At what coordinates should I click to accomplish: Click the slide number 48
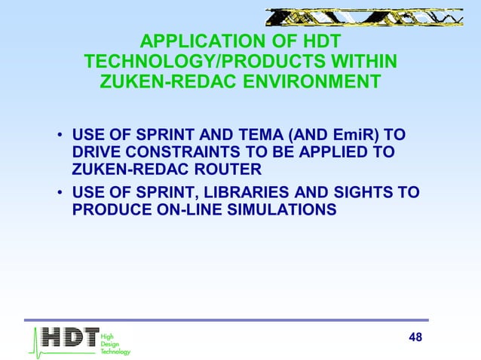pyautogui.click(x=415, y=336)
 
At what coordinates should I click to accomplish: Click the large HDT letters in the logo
pyautogui.click(x=69, y=337)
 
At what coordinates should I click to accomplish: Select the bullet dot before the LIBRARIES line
pyautogui.click(x=59, y=193)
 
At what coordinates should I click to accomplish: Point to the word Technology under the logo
pyautogui.click(x=115, y=352)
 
